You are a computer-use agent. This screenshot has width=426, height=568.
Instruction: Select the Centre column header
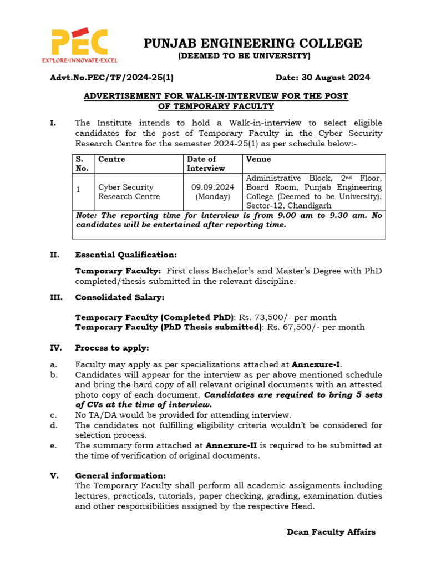111,160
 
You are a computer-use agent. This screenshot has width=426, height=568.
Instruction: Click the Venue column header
258,160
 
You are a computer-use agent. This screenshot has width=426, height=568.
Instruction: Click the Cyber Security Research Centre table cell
129,192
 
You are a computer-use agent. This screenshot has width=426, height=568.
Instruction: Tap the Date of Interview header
206,164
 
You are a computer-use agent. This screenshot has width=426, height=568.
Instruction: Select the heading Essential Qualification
126,255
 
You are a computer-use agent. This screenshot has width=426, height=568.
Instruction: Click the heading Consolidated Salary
119,298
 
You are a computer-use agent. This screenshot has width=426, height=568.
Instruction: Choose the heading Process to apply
112,348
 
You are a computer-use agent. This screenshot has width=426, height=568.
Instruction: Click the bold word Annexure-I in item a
316,364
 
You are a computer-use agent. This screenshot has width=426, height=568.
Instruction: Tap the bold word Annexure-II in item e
231,445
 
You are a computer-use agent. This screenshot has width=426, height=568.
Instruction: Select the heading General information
120,476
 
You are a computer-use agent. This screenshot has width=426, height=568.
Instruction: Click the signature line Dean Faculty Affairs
331,532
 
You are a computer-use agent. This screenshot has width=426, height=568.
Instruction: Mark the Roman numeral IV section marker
55,348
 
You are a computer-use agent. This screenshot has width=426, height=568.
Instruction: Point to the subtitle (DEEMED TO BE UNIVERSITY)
244,56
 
